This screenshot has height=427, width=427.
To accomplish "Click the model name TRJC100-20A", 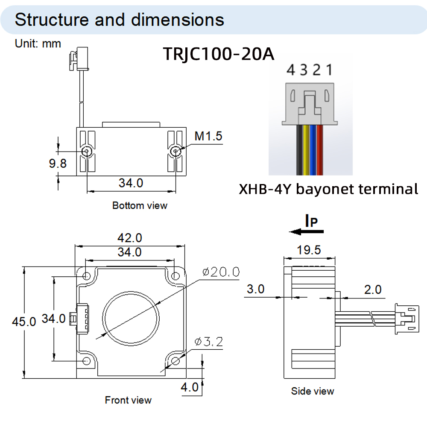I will pyautogui.click(x=218, y=54).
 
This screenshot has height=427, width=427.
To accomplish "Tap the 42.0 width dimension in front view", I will pyautogui.click(x=130, y=238).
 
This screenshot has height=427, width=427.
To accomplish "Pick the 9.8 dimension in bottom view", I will pyautogui.click(x=56, y=163).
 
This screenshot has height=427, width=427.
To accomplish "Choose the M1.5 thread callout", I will pyautogui.click(x=208, y=136).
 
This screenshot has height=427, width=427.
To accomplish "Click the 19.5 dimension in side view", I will pyautogui.click(x=309, y=250).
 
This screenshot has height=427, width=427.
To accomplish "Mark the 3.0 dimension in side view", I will pyautogui.click(x=256, y=289).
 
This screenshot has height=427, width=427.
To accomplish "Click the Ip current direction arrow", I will pyautogui.click(x=307, y=231).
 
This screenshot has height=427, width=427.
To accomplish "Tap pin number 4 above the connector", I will pyautogui.click(x=291, y=69).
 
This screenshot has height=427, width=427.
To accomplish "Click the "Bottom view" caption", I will pyautogui.click(x=140, y=205).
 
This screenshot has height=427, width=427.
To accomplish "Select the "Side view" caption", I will pyautogui.click(x=313, y=391).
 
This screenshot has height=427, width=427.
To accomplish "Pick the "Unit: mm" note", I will pyautogui.click(x=38, y=43).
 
